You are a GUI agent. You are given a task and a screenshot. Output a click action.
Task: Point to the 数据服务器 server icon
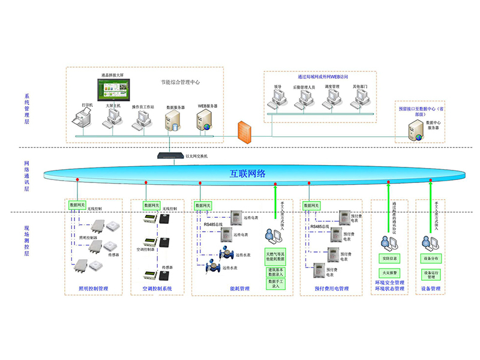[x=174, y=121]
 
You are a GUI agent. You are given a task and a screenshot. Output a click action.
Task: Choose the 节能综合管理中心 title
[x=180, y=82]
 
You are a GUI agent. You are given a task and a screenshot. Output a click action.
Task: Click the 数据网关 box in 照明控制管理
[x=77, y=205]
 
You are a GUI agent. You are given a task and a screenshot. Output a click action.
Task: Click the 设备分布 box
[x=434, y=259]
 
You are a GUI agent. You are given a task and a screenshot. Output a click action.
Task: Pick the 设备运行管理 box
[x=434, y=275]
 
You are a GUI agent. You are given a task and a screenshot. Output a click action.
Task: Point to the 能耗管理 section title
[x=239, y=289]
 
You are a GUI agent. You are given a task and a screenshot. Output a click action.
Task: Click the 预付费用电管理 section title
[x=332, y=289]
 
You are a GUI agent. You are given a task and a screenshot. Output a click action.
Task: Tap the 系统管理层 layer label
[x=26, y=109]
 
